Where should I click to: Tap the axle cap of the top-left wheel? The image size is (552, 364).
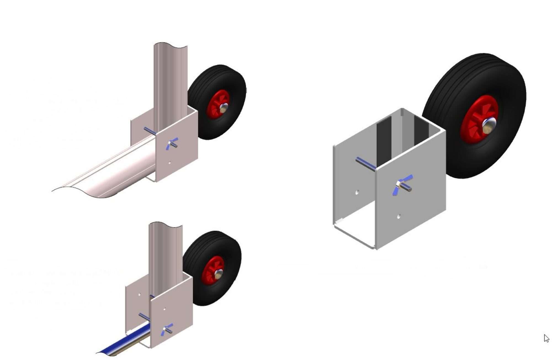[x=224, y=108]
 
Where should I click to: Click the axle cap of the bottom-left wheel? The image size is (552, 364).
[x=219, y=274]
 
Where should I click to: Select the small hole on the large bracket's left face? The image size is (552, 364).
[x=357, y=192]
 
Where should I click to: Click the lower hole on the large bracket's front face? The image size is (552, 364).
[x=399, y=216]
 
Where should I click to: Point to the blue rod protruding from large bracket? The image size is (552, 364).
[x=365, y=164]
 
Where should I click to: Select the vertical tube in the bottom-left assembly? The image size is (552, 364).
[x=165, y=254]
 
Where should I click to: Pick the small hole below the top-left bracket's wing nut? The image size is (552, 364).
[x=169, y=163]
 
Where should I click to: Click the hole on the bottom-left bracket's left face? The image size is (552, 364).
[x=139, y=295]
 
